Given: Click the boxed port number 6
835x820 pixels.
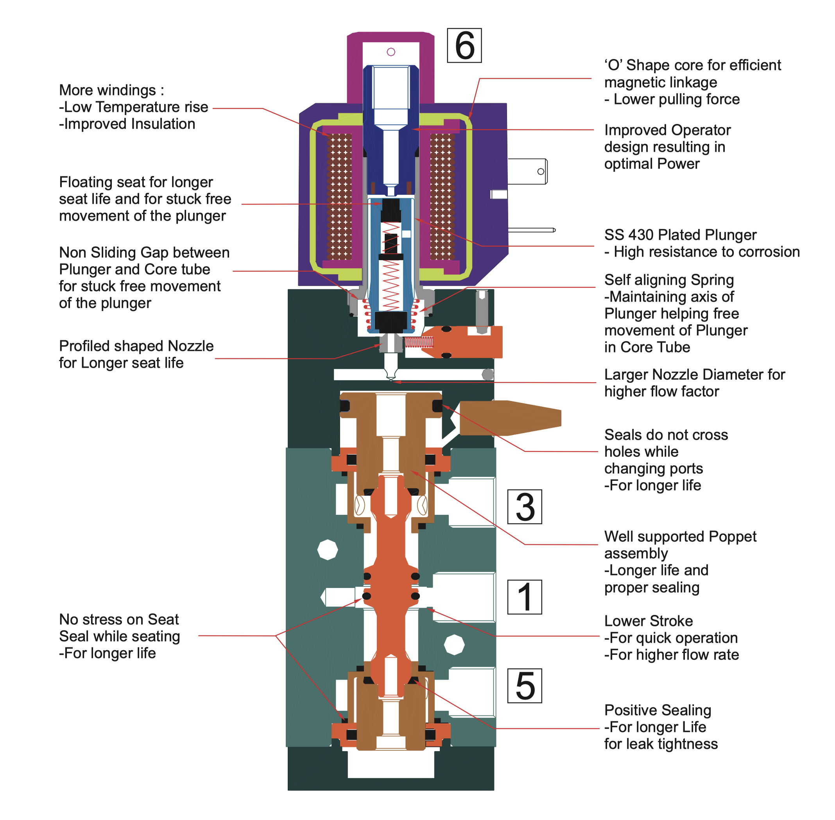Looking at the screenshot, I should pos(464,46).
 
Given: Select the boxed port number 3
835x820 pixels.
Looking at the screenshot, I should pos(524,507).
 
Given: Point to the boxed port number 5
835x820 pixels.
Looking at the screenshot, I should pos(524,686).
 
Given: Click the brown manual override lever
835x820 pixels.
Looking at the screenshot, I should pos(510,418).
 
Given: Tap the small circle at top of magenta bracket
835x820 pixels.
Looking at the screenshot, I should pos(391,52).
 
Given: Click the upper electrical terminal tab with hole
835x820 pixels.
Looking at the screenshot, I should pos(528,171).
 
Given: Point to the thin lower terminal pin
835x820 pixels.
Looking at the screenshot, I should pos(532,230).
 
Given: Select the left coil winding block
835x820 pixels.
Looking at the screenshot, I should pos(339,196).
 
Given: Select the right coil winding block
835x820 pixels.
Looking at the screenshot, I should pos(442,196).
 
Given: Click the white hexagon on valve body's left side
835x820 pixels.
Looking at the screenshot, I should pos(327,550).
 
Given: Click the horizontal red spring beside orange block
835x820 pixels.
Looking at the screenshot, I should pos(419,342).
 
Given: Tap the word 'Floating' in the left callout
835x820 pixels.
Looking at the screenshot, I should pos(86,182).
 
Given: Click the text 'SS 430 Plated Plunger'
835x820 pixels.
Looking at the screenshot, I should pos(680,235).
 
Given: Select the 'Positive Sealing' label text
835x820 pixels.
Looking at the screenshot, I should pos(657,710).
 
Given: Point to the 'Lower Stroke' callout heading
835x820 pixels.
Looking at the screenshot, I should pos(648,621).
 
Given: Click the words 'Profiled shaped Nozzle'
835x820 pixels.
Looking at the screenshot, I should pos(136,346).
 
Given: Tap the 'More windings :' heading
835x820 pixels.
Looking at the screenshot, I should pos(111,90).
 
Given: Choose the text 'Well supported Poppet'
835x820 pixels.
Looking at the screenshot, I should pos(680,537).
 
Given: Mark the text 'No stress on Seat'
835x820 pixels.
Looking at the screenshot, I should pos(119,619).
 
